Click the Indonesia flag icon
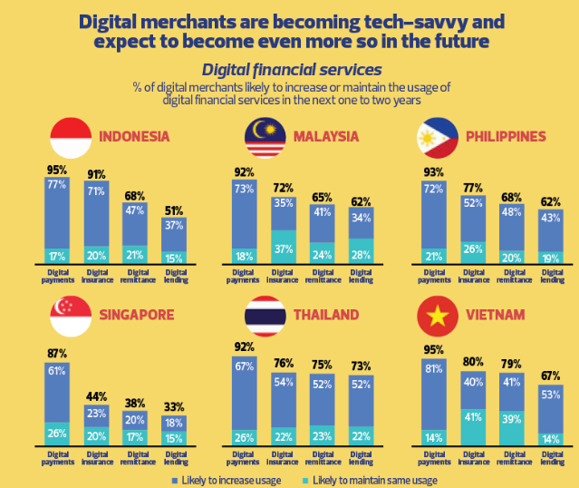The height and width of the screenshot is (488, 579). coord(72,137)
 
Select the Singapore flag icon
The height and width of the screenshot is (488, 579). coord(72,315)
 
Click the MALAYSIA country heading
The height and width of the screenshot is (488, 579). coord(326,137)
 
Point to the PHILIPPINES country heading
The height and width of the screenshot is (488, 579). coord(506,137)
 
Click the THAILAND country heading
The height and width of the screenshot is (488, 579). coord(326,315)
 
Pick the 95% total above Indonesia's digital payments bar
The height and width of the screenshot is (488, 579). coord(58,170)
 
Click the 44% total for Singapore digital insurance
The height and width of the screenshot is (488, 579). coord(96,396)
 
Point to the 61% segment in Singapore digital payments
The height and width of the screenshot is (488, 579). coord(58,371)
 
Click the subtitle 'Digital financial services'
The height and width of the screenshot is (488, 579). coord(291,69)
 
